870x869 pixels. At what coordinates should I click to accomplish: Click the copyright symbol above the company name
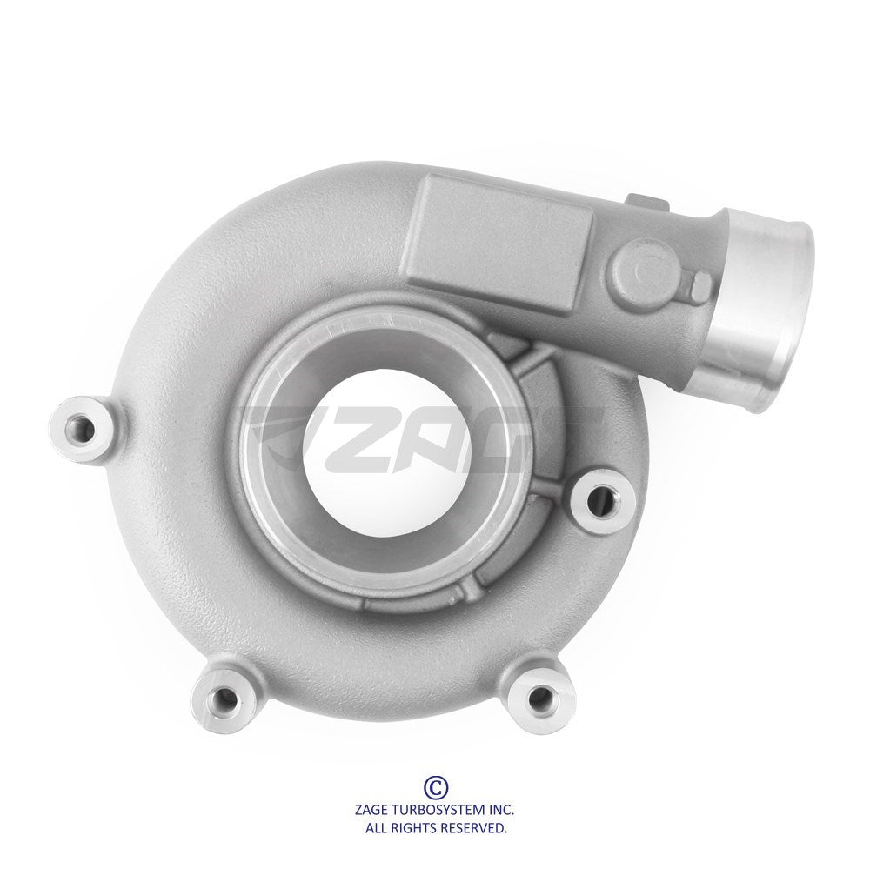point(436,786)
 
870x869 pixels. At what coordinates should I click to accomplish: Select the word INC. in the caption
point(501,811)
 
